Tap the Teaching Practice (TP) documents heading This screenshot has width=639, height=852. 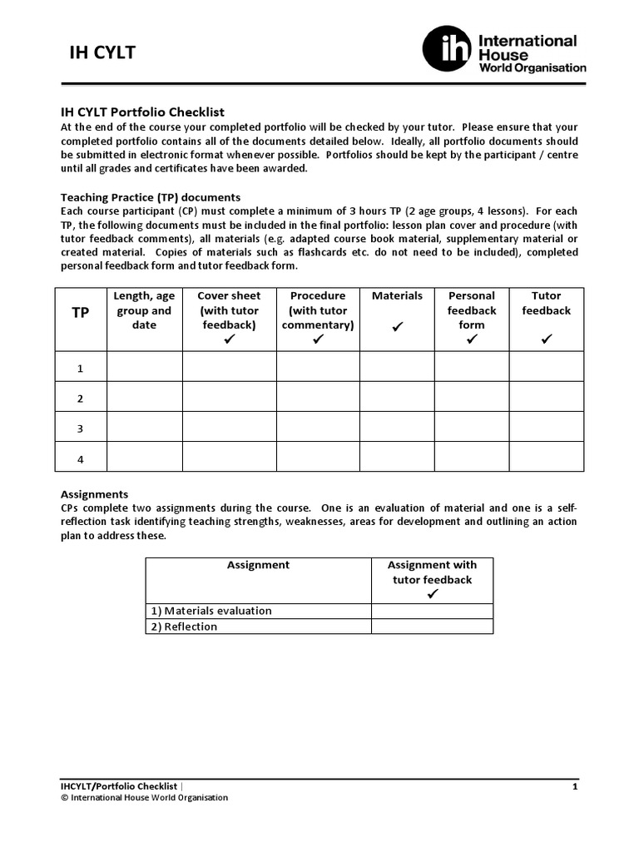151,197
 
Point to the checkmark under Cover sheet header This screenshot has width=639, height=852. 230,339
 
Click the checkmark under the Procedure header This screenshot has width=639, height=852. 318,339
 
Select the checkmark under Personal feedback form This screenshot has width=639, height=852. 472,339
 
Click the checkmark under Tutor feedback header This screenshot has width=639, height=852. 547,339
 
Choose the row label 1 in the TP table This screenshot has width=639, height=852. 81,367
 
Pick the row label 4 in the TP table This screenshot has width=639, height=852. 81,458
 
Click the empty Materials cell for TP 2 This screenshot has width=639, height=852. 397,397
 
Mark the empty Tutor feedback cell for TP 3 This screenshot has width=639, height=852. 547,427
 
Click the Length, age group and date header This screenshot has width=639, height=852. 144,310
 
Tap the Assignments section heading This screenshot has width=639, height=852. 95,493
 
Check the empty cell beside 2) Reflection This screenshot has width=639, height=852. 432,627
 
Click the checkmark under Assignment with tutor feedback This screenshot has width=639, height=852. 432,594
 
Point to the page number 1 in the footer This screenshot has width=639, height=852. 574,785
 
